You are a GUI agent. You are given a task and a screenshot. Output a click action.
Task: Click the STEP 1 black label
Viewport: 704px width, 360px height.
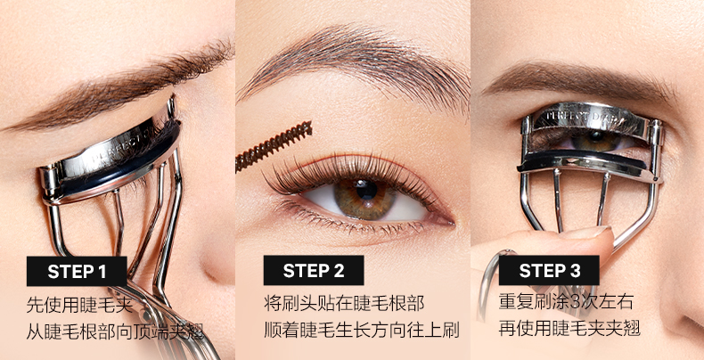pyautogui.click(x=77, y=271)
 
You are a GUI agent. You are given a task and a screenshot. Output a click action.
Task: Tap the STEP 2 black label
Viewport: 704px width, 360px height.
pyautogui.click(x=314, y=270)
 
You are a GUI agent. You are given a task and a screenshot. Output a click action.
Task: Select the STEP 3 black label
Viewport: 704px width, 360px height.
pyautogui.click(x=549, y=270)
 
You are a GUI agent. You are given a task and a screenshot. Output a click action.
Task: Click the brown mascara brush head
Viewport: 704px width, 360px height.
pyautogui.click(x=274, y=146)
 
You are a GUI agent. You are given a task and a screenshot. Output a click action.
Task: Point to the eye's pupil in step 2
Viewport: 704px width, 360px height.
pyautogui.click(x=367, y=190)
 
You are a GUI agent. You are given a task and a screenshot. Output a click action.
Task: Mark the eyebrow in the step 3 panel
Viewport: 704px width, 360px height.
pyautogui.click(x=579, y=81)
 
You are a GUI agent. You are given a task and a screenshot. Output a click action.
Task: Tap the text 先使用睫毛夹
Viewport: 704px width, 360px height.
pyautogui.click(x=79, y=306)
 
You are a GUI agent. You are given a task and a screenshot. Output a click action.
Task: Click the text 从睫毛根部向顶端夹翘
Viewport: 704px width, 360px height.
pyautogui.click(x=115, y=332)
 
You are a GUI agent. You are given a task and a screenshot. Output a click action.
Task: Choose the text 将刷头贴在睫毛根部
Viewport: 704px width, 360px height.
pyautogui.click(x=344, y=304)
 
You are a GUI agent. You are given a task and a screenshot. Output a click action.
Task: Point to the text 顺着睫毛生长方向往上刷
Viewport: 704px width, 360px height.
pyautogui.click(x=362, y=331)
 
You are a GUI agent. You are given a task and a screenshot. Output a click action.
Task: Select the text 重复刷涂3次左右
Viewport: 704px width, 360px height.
pyautogui.click(x=566, y=302)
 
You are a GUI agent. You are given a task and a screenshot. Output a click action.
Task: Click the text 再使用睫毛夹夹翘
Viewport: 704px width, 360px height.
pyautogui.click(x=569, y=329)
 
